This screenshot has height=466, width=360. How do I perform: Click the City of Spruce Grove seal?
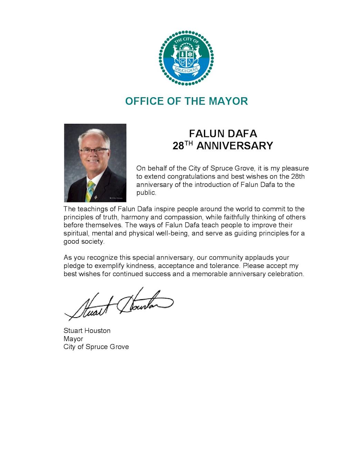pyautogui.click(x=186, y=58)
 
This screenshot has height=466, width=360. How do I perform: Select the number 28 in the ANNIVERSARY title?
pyautogui.click(x=178, y=146)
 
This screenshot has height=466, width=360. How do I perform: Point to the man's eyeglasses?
pyautogui.click(x=94, y=151)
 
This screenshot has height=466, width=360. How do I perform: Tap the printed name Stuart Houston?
pyautogui.click(x=87, y=331)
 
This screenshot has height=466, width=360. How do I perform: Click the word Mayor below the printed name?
pyautogui.click(x=73, y=339)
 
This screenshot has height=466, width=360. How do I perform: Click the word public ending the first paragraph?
pyautogui.click(x=146, y=193)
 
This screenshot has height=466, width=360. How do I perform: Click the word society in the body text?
pyautogui.click(x=93, y=242)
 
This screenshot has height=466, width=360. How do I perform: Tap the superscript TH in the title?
pyautogui.click(x=189, y=143)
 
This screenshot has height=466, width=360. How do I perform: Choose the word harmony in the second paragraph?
pyautogui.click(x=135, y=217)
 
